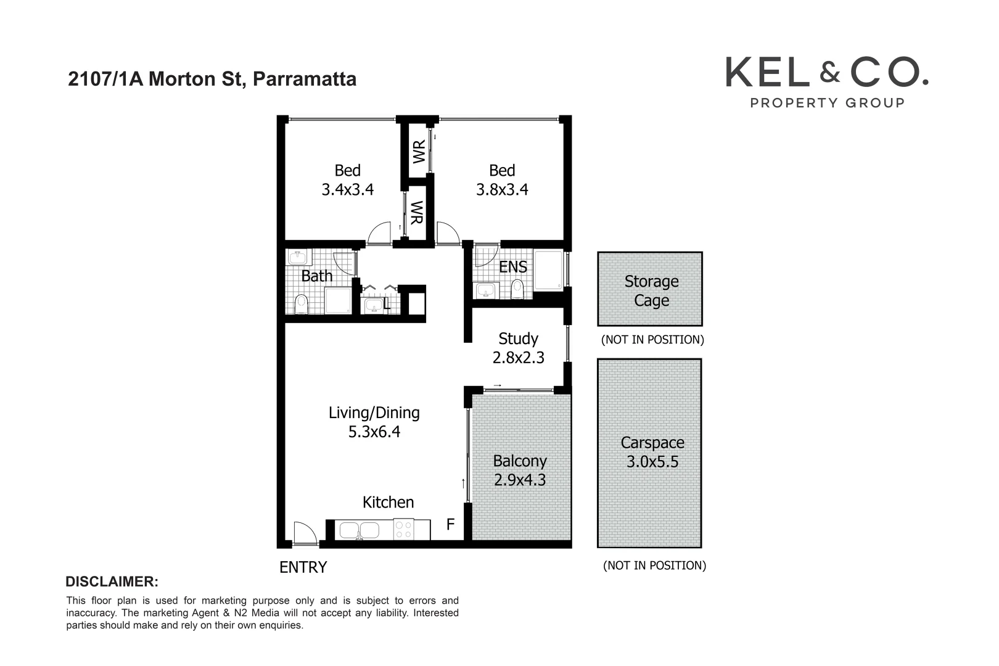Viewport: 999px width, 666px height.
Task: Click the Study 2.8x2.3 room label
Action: [518, 348]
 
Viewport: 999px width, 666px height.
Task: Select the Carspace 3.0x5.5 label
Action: [652, 452]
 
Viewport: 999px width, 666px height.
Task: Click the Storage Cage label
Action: [651, 290]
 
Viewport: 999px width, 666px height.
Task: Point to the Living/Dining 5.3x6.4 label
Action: [374, 422]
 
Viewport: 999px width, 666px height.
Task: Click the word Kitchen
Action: [388, 502]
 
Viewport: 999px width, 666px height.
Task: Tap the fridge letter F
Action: [450, 525]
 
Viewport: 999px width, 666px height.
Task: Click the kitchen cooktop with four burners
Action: [404, 530]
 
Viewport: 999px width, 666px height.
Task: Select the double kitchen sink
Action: [360, 530]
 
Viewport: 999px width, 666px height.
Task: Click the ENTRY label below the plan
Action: [303, 567]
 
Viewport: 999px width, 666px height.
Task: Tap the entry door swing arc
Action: [304, 532]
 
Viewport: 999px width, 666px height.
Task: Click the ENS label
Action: [512, 267]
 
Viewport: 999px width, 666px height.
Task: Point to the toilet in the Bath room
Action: [301, 303]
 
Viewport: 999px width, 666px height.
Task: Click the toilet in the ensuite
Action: [517, 288]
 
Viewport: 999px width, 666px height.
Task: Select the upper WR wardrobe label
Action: [419, 152]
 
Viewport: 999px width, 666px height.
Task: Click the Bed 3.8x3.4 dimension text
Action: [502, 189]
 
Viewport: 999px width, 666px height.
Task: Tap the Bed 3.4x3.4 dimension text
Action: [347, 189]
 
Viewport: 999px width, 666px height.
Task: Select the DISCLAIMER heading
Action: [112, 582]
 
